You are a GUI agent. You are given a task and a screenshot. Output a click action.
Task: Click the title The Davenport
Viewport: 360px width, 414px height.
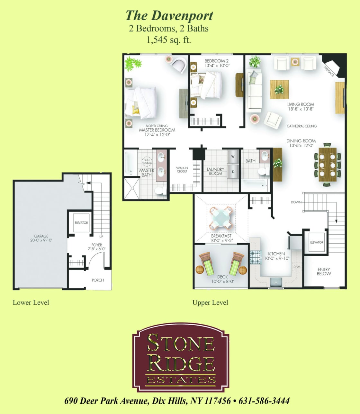coord(169,15)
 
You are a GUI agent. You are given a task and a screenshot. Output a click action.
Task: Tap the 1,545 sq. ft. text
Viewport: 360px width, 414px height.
coord(169,40)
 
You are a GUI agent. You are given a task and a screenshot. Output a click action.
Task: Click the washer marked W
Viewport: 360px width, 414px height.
coord(233,157)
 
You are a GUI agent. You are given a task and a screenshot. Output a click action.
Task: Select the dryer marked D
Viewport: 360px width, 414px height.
coord(233,172)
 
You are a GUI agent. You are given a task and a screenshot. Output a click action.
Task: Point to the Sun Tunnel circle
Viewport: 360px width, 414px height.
coord(147,161)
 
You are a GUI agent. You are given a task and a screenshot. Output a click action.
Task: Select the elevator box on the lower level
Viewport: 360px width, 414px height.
coord(81,222)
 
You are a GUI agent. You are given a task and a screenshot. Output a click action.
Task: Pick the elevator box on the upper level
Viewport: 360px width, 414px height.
coord(317,242)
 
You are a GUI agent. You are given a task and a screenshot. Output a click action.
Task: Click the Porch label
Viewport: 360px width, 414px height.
coord(98,280)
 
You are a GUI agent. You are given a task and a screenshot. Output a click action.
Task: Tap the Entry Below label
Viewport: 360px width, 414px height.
coord(324,272)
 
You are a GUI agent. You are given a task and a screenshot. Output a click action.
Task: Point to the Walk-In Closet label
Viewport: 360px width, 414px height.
coord(182,170)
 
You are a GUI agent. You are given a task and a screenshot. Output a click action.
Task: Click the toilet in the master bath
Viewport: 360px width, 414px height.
coord(159,191)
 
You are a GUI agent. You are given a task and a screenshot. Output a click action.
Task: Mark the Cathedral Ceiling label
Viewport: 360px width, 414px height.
coord(301,126)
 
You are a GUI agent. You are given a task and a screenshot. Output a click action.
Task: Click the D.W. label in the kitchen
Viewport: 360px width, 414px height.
coord(296,267)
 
